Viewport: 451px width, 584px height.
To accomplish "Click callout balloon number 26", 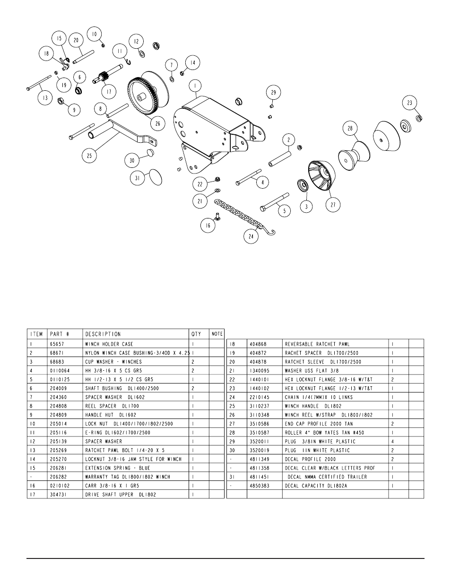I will (x=157, y=124).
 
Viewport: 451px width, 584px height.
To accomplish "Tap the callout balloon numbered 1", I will (x=195, y=86).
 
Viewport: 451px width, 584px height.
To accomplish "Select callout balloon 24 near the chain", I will (x=251, y=235).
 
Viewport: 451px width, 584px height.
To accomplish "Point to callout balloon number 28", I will (x=350, y=129).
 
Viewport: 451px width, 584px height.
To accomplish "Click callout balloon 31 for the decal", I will (x=138, y=178).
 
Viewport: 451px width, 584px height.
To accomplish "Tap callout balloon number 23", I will (x=409, y=103).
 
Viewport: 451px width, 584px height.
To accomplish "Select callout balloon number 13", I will (x=45, y=98).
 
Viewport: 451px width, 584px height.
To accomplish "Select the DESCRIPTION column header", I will (x=103, y=334).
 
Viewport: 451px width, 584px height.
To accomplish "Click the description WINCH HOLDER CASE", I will (x=109, y=344).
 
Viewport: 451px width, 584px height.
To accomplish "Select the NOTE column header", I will (x=217, y=334).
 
